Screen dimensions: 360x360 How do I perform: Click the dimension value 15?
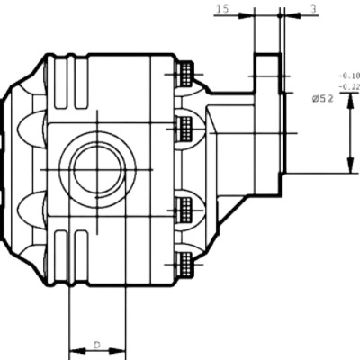pyautogui.click(x=222, y=9)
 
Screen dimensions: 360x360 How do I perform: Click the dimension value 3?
pyautogui.click(x=313, y=9)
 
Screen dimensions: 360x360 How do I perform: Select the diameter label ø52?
pyautogui.click(x=323, y=99)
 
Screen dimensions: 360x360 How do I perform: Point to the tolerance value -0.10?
pyautogui.click(x=349, y=75)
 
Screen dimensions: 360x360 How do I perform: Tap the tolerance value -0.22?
pyautogui.click(x=349, y=87)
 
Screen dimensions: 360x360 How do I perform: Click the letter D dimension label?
pyautogui.click(x=96, y=345)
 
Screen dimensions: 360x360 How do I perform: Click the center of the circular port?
pyautogui.click(x=98, y=170)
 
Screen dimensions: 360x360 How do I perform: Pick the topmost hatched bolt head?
pyautogui.click(x=185, y=74)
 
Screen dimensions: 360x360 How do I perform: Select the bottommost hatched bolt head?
pyautogui.click(x=185, y=264)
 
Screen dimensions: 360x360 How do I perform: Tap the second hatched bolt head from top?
pyautogui.click(x=185, y=129)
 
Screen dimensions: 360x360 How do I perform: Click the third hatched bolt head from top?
pyautogui.click(x=185, y=210)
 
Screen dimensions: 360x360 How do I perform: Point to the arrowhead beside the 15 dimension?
pyautogui.click(x=246, y=15)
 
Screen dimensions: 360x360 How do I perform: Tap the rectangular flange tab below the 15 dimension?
pyautogui.click(x=267, y=73)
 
